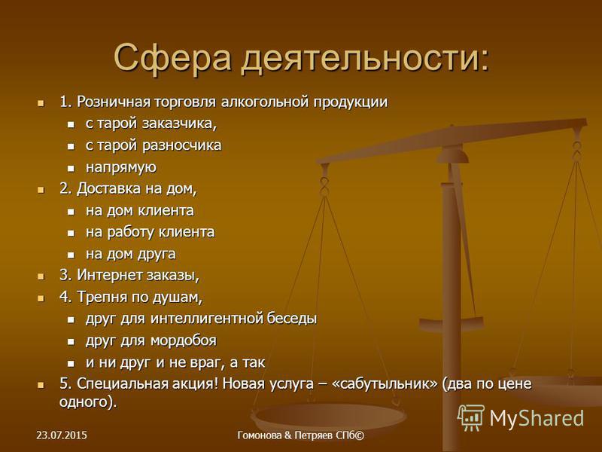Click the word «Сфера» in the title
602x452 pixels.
172,59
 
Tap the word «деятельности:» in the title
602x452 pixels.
365,59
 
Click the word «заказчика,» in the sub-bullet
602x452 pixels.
180,124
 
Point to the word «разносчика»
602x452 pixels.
181,145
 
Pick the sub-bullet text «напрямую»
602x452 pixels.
121,167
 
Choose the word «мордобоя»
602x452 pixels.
184,341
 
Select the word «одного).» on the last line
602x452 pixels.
88,402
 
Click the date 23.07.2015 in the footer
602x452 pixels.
62,435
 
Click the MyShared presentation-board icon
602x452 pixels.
471,417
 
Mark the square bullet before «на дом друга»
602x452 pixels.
71,255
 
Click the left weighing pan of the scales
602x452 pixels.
328,417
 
